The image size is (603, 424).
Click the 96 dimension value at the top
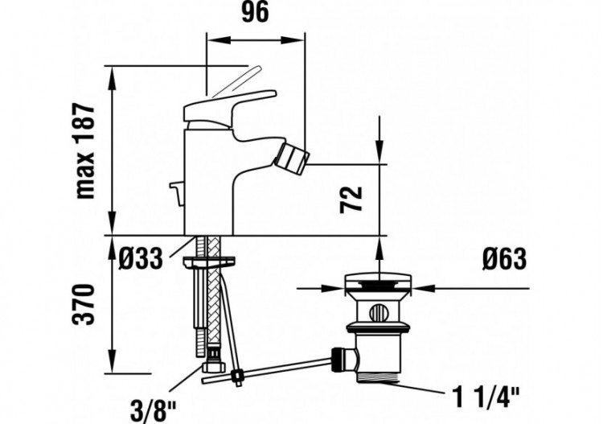pos(256,14)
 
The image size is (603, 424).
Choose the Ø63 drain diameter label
pos(504,258)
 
